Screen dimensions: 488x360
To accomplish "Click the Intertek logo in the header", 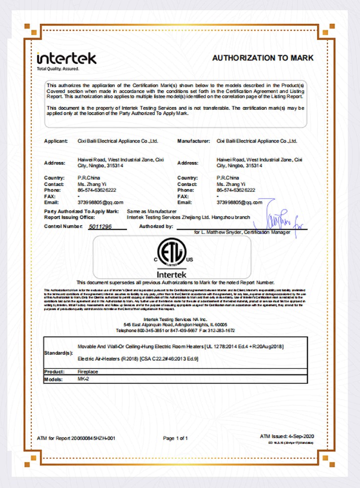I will click(66, 59).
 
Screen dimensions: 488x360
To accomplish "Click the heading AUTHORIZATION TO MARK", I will click(263, 58).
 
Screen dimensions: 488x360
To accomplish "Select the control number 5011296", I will click(101, 226).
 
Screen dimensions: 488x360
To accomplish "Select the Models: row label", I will click(54, 379).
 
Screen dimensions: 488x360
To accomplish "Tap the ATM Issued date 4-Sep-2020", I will click(298, 435).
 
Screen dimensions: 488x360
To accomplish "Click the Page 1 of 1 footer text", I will click(175, 438).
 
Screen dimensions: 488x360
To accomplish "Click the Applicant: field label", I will click(56, 141).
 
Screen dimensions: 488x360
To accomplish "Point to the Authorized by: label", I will click(156, 226).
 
